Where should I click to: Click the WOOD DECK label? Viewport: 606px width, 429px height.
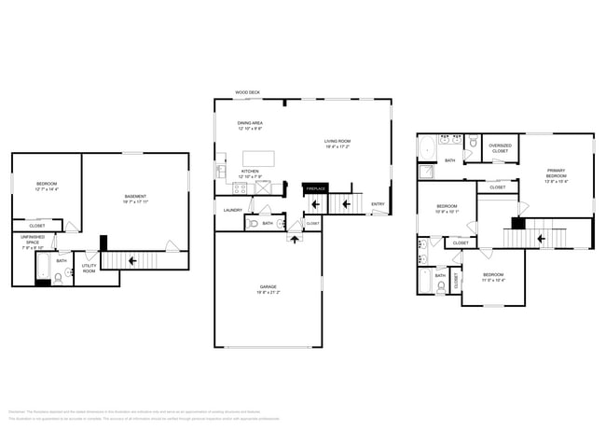coord(247,93)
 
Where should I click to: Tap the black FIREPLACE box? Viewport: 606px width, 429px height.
coord(315,188)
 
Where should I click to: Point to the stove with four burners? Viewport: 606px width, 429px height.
coord(239,187)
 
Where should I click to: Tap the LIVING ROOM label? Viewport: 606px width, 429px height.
coord(337,144)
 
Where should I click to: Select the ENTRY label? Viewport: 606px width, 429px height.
coord(378,204)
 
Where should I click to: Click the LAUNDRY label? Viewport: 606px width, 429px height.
coord(232,210)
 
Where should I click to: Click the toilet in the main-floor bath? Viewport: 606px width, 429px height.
coord(253,224)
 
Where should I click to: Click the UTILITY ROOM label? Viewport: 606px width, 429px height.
coord(89,269)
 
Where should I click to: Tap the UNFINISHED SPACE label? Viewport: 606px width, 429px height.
coord(33,242)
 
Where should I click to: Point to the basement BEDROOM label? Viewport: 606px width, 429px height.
coord(47,186)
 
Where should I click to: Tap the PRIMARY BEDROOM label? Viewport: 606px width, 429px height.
coord(557,173)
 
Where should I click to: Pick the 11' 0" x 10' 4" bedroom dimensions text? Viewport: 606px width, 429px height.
coord(493,280)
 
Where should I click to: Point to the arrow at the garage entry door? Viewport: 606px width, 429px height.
coord(296,240)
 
